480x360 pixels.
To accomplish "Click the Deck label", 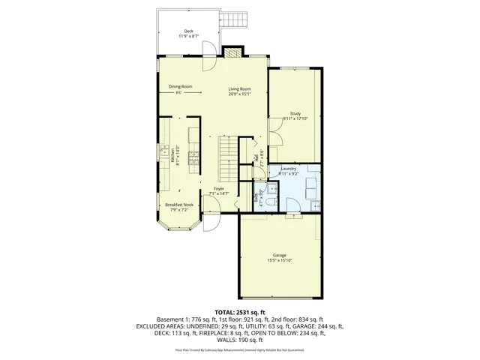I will click(187, 31).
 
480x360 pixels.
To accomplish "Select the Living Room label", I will click(239, 89).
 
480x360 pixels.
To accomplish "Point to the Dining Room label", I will click(180, 86).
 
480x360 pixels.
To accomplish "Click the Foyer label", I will click(218, 188).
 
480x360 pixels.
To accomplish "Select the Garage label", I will click(278, 255).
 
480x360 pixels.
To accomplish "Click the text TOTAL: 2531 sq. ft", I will click(240, 310).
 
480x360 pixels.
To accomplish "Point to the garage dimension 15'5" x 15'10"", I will click(278, 261).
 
